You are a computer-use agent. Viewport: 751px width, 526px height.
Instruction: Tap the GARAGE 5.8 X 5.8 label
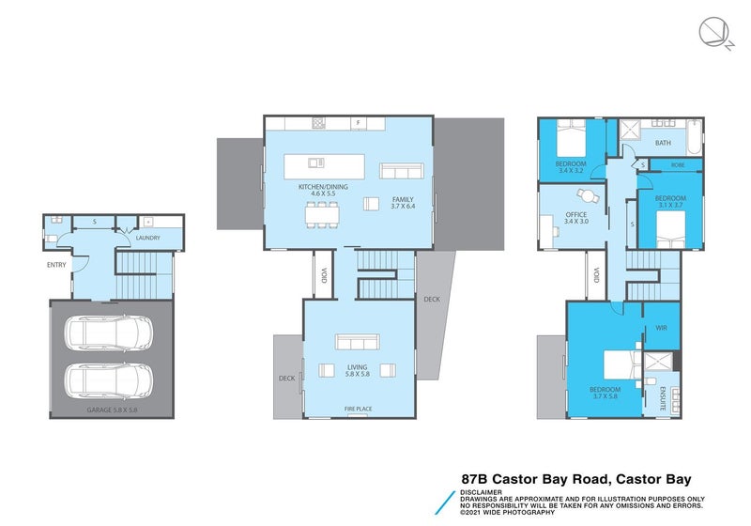pyautogui.click(x=111, y=410)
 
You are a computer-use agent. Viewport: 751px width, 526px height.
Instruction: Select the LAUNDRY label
pyautogui.click(x=147, y=238)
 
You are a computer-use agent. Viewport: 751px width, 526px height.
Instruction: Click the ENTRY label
pyautogui.click(x=56, y=265)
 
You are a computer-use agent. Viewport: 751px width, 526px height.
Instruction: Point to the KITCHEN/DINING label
pyautogui.click(x=323, y=187)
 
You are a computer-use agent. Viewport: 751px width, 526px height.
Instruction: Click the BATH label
pyautogui.click(x=663, y=144)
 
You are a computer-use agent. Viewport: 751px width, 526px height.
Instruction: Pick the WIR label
pyautogui.click(x=661, y=329)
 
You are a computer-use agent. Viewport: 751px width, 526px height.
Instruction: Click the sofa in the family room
pyautogui.click(x=401, y=172)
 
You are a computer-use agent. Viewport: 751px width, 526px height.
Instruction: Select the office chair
pyautogui.click(x=589, y=195)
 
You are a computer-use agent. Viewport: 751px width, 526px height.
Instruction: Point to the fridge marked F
pyautogui.click(x=357, y=123)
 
